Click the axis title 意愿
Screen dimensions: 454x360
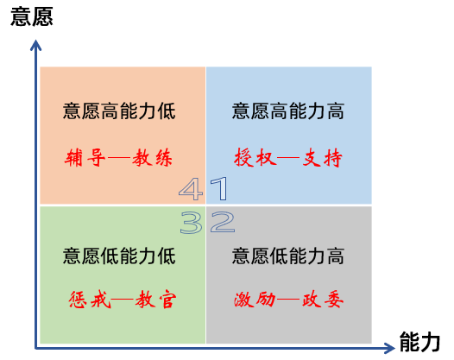(32, 16)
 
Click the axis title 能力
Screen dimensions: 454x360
(419, 342)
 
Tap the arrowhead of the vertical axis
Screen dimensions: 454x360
(36, 45)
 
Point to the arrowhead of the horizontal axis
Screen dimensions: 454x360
(389, 348)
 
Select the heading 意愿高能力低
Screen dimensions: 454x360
(119, 111)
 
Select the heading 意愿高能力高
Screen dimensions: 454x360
(288, 111)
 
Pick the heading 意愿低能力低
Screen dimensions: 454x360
(119, 256)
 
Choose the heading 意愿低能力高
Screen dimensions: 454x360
(288, 256)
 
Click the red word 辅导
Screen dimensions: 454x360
(85, 158)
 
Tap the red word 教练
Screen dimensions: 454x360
(152, 158)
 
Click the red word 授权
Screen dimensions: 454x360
(254, 158)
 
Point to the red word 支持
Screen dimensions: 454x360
(322, 158)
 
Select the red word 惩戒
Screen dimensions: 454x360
(90, 300)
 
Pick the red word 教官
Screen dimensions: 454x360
(155, 300)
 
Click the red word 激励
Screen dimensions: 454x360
(255, 300)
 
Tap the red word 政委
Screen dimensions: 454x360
(323, 300)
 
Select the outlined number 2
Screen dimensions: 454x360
(223, 222)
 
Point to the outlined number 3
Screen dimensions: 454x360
(191, 223)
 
